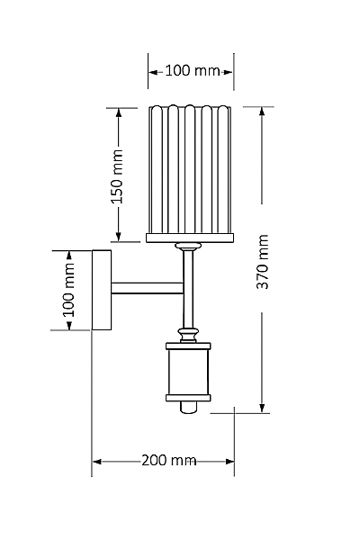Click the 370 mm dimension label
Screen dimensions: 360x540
click(x=263, y=262)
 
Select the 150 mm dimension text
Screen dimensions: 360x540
click(x=118, y=176)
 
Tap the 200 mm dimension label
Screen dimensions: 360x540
click(x=169, y=460)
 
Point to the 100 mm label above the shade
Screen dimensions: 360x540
click(x=193, y=70)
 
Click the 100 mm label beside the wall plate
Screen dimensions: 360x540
click(x=68, y=291)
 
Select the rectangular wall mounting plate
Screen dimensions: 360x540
click(x=102, y=290)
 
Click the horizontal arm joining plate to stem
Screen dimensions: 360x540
click(x=148, y=288)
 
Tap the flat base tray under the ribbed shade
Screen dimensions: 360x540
click(x=190, y=238)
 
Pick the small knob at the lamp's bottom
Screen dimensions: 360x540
click(x=189, y=407)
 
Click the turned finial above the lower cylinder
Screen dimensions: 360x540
click(x=188, y=335)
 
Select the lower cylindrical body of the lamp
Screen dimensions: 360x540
click(x=188, y=372)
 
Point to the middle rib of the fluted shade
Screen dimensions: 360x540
click(x=190, y=169)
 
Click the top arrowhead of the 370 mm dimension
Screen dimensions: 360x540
click(x=262, y=112)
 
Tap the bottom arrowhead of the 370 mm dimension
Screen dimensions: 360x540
click(x=263, y=408)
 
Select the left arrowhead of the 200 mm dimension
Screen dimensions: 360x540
click(x=97, y=462)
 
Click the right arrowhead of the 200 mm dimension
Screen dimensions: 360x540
click(x=229, y=462)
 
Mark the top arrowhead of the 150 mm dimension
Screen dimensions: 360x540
click(x=119, y=113)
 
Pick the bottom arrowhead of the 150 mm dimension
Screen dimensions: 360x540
click(x=119, y=236)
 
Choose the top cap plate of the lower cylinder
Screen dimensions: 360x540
click(x=188, y=346)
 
